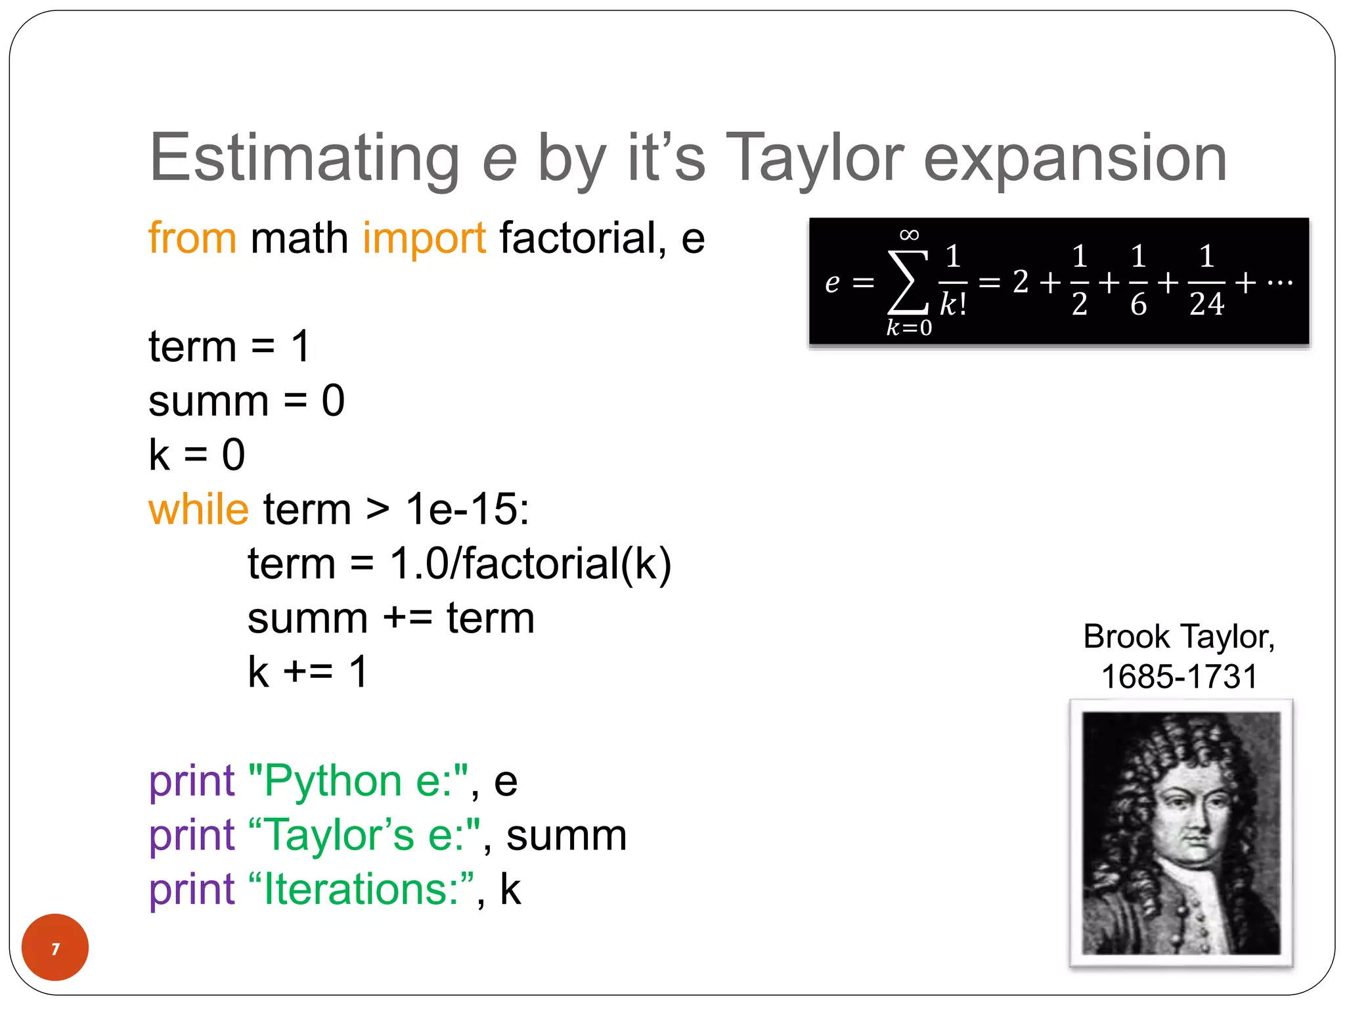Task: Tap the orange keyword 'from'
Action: pos(192,238)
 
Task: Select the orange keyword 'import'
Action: pos(424,238)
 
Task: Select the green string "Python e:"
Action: pos(359,781)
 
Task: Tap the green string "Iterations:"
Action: pos(361,889)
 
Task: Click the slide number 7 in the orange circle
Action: pos(55,949)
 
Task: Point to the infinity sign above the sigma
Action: pos(909,235)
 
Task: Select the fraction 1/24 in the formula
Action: pos(1206,281)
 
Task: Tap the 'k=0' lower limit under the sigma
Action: pos(909,327)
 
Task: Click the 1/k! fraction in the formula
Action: pos(953,281)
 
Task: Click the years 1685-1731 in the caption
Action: pos(1180,677)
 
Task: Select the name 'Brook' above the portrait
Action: pos(1126,637)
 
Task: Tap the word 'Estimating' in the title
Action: pos(305,159)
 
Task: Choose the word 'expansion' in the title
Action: pos(1075,159)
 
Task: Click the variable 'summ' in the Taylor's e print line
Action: pos(566,836)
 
